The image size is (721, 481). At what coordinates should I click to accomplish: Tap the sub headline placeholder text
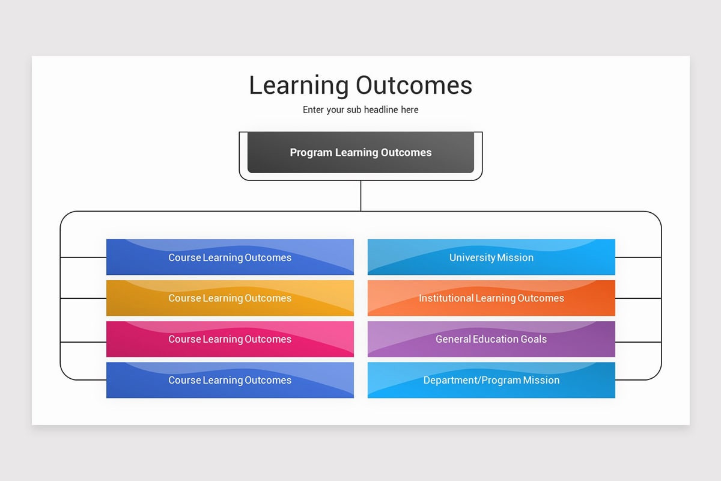[360, 110]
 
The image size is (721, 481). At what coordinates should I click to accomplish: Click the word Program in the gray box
[311, 153]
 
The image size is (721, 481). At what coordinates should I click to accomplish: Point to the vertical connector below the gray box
[360, 195]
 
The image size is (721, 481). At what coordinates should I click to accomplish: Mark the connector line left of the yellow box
[83, 298]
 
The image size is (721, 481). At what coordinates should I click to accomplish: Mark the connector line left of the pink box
[83, 342]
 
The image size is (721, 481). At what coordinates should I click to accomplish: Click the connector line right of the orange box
[638, 298]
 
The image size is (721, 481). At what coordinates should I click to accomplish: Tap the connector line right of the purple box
[638, 342]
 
